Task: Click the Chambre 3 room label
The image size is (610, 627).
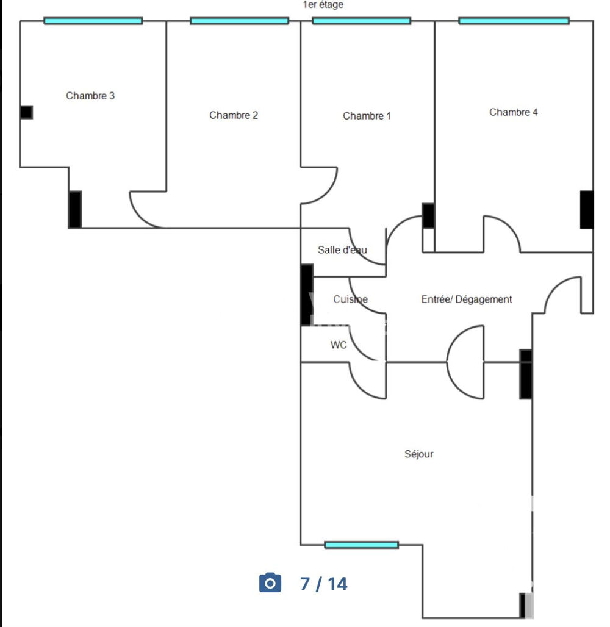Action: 90,96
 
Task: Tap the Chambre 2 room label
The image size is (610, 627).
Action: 234,115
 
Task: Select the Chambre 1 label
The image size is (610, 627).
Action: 367,116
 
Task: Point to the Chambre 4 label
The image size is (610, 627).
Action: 514,112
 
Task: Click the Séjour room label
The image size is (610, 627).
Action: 419,454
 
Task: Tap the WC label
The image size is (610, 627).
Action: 339,345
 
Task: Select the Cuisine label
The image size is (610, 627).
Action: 350,299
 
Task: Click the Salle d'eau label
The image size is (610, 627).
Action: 342,250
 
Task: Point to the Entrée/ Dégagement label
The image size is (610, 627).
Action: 467,299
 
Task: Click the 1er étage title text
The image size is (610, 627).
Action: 323,5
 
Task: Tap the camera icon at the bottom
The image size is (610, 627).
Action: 270,583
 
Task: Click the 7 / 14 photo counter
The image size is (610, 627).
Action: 323,584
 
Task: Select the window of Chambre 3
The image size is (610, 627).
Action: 93,21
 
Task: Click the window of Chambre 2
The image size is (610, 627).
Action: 239,21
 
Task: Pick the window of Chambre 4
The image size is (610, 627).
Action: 514,21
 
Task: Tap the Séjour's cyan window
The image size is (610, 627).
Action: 361,545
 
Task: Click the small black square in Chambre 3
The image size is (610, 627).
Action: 26,112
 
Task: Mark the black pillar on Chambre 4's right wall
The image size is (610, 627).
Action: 586,210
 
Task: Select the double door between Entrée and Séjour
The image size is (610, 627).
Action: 465,362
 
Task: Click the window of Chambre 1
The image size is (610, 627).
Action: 361,21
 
